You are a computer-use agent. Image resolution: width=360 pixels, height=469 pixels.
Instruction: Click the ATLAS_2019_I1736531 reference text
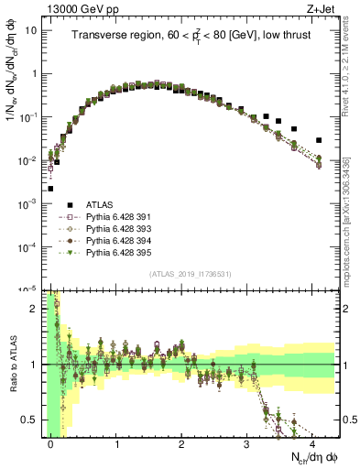(191, 275)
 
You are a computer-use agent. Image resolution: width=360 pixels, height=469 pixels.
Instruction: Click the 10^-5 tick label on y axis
(28, 289)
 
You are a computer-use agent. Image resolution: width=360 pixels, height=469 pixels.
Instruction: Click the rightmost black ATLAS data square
(319, 140)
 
